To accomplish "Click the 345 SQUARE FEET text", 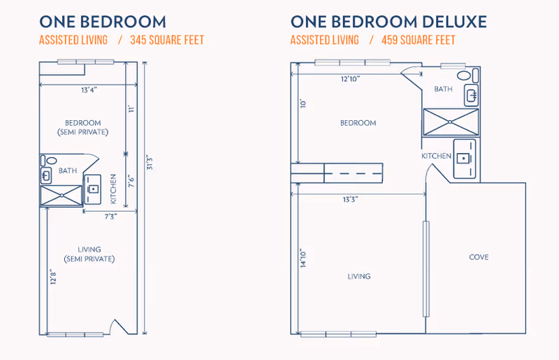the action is point(167,40).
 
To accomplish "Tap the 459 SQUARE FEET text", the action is point(419,40).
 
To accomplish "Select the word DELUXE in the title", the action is point(455,22).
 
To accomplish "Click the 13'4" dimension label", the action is point(89,90).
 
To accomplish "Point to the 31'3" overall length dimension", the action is point(150,163).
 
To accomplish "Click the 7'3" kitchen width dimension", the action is point(111,217).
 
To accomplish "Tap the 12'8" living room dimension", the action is point(54,277).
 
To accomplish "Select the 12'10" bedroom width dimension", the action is point(351,79).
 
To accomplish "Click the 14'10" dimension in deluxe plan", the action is point(303,258).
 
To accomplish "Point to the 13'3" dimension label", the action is point(351,199).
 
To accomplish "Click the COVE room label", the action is point(479,257).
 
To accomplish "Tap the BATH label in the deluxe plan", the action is point(443,89).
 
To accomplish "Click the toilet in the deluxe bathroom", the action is point(467,75).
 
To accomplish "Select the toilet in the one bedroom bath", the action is point(48,161).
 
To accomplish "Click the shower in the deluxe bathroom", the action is point(451,122).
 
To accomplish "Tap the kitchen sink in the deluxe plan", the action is point(463,158).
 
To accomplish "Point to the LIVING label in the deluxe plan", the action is point(359,277).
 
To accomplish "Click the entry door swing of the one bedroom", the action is point(119,326).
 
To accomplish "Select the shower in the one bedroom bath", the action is point(61,196).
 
